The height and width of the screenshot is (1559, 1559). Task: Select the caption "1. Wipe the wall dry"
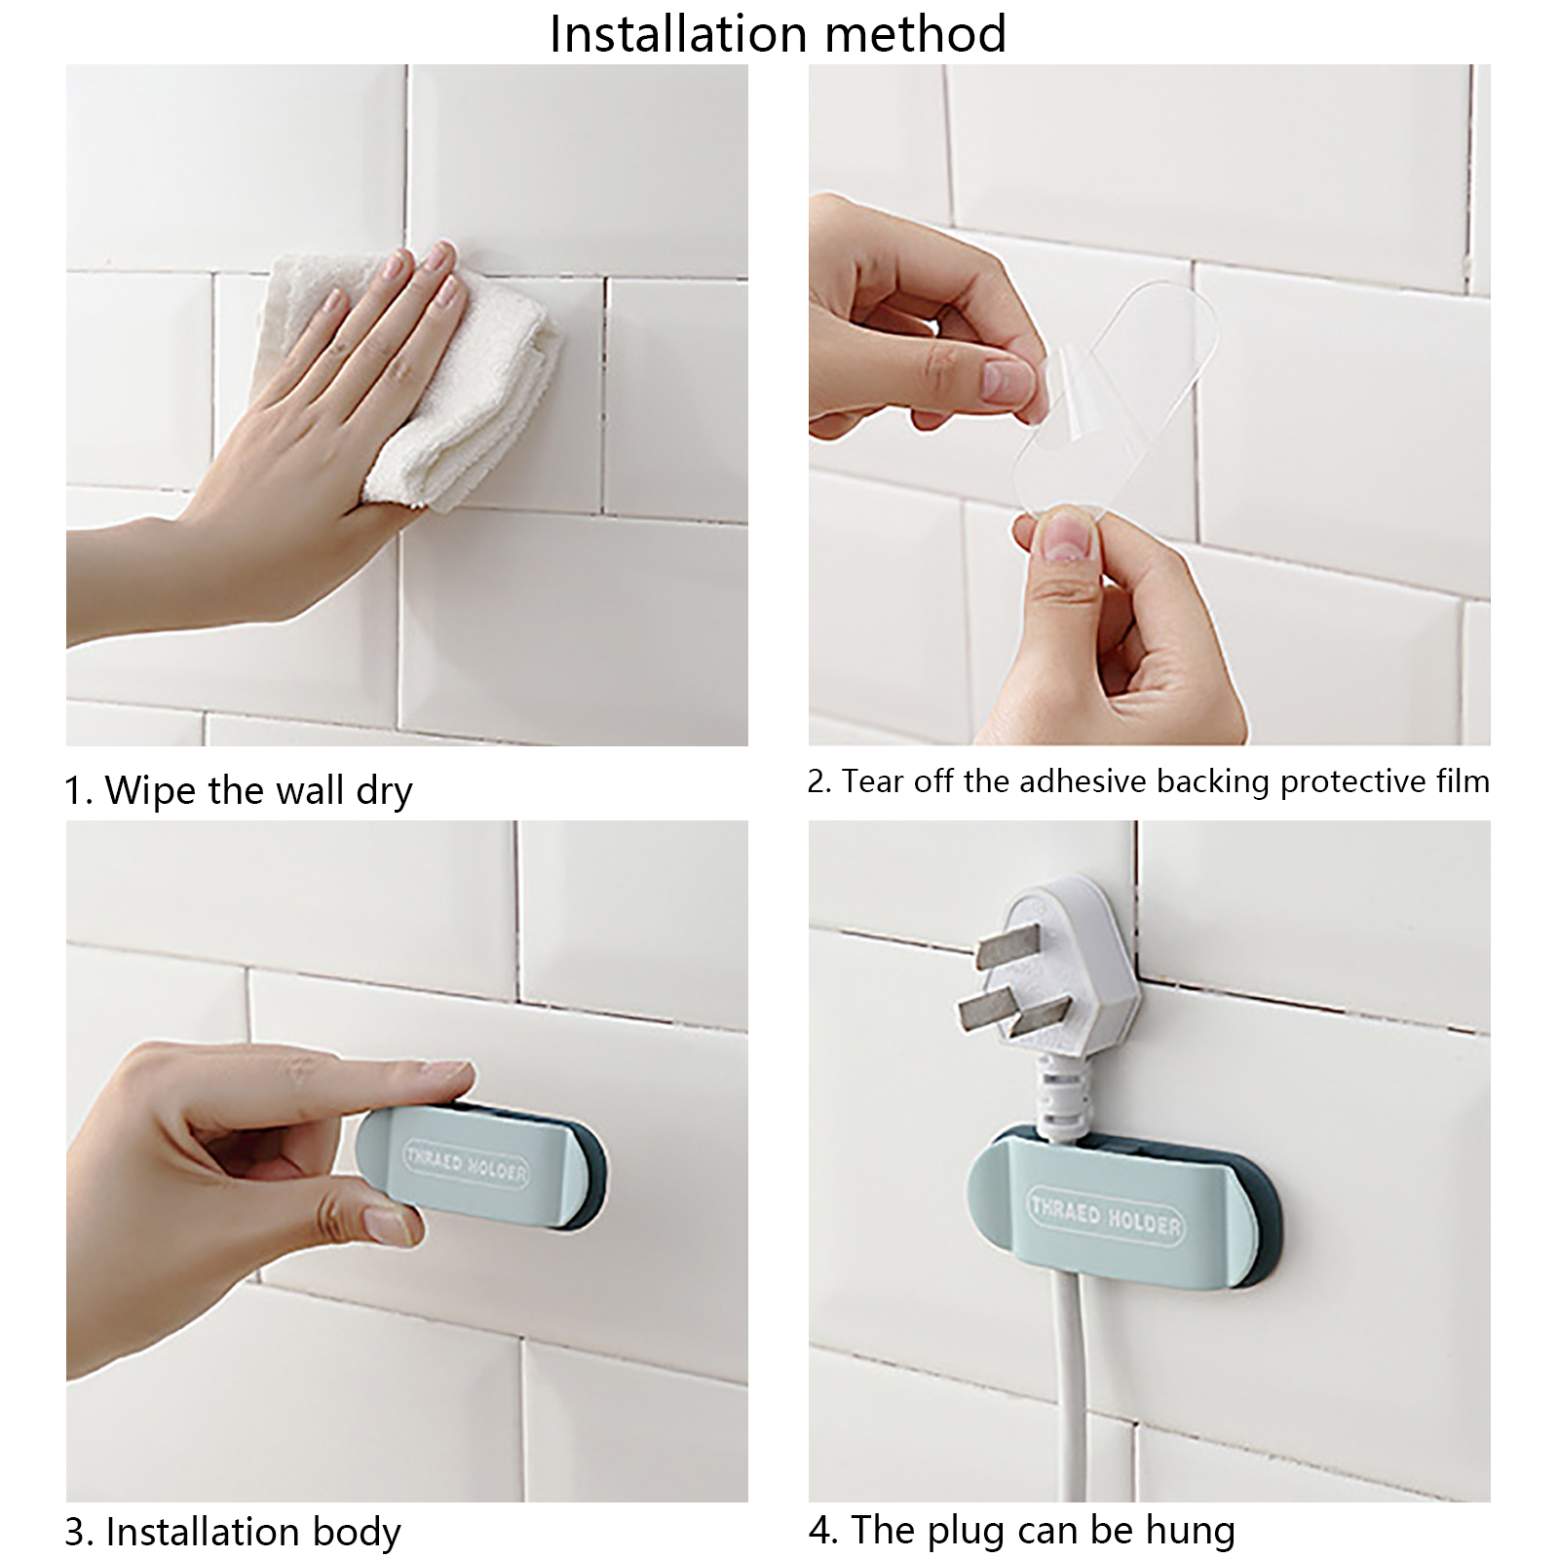(239, 789)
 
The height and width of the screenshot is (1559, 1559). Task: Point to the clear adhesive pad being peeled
(1111, 390)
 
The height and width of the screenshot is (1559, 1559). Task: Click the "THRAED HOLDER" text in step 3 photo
(467, 1164)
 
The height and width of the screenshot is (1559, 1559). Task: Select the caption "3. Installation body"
(233, 1532)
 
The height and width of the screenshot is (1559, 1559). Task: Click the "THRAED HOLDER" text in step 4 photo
(1105, 1212)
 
